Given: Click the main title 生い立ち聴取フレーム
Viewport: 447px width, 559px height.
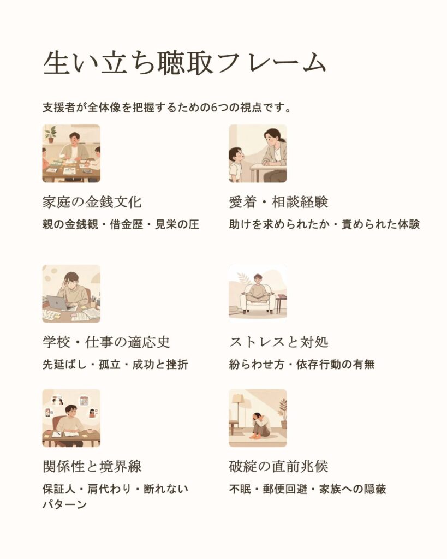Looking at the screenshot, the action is [184, 63].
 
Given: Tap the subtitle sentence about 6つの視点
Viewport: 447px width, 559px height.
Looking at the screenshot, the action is [167, 108].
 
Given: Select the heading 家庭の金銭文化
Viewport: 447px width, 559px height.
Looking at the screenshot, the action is [92, 202].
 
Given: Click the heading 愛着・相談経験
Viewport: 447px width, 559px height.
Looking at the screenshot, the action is [278, 202].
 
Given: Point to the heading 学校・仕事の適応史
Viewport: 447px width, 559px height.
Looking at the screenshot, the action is [106, 342].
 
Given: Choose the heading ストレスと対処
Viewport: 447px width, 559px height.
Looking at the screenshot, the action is [278, 342].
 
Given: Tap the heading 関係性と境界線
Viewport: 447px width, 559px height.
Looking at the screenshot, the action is [92, 466].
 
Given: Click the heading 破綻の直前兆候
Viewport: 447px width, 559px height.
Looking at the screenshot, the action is [278, 466].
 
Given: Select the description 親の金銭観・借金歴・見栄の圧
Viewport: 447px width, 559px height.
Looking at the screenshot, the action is [121, 224].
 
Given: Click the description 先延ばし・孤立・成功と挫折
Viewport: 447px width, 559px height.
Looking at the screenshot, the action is [115, 364].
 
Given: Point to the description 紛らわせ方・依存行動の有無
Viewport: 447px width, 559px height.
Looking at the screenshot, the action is [302, 364].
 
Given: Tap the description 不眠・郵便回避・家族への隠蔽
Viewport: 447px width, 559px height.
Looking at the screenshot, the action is [308, 489].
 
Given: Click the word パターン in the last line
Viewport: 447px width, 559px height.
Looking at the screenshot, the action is [64, 504].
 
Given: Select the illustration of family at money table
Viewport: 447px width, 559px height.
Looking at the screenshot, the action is [71, 153].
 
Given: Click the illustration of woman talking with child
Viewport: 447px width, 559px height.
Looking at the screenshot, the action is [258, 153].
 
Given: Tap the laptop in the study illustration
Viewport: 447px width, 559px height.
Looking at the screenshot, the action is [58, 303].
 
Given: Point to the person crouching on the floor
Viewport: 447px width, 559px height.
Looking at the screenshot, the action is [260, 426].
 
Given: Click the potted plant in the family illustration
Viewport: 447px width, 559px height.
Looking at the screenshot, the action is [51, 134].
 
